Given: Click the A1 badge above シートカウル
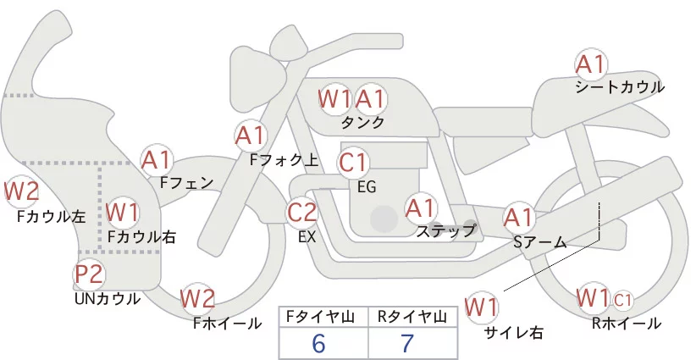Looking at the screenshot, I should [590, 65].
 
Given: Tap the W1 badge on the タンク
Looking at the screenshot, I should [334, 99].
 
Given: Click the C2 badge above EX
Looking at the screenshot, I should [302, 213].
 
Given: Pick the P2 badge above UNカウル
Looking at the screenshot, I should [89, 274].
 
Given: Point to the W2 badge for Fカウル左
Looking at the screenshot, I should [21, 191].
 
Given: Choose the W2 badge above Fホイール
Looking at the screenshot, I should [198, 299].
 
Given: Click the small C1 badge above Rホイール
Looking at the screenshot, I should [623, 299].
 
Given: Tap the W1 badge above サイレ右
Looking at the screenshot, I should [483, 305].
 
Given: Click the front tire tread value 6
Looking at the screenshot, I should [318, 342].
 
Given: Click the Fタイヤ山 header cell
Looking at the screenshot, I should [323, 316].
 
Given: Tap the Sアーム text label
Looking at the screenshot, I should [539, 242].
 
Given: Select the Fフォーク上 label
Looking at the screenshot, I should [284, 158].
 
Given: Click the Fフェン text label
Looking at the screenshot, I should [186, 181].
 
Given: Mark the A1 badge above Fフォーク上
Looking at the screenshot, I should [251, 135].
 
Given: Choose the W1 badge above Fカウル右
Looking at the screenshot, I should [123, 211].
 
